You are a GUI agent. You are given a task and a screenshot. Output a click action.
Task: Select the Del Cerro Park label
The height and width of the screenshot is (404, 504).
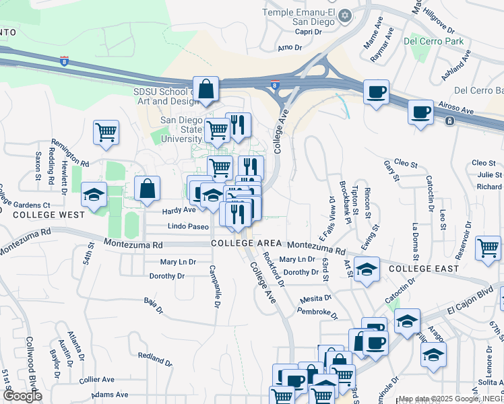(434, 41)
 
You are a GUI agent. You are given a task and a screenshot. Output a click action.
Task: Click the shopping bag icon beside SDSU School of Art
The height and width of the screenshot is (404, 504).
(207, 89)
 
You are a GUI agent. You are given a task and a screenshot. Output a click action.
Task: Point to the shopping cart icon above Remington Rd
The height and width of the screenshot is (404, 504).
(106, 132)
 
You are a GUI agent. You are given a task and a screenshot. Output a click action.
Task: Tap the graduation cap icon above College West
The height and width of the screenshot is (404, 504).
(94, 195)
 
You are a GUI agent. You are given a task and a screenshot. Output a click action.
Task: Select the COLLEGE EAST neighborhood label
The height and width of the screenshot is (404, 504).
(424, 269)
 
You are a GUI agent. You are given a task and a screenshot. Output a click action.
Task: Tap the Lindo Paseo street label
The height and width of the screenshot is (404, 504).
(188, 227)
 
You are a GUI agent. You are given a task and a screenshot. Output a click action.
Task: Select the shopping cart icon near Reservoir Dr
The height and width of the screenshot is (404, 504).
(488, 248)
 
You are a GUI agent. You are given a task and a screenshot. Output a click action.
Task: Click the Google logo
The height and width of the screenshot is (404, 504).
(22, 395)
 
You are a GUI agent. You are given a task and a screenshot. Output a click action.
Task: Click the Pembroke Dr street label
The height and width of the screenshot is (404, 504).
(315, 310)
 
